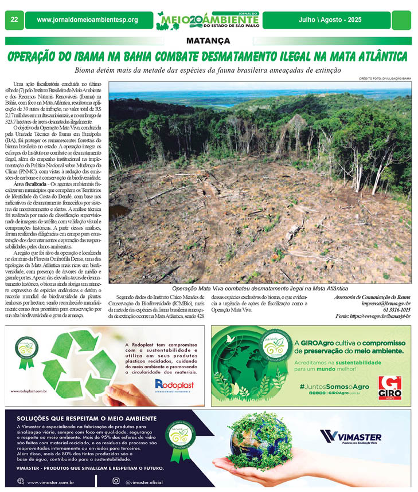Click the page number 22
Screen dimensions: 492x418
[x=13, y=20]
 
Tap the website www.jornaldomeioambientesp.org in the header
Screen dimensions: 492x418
[x=87, y=20]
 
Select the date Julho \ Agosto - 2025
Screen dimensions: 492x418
[x=330, y=20]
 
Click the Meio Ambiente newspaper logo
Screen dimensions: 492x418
[x=208, y=20]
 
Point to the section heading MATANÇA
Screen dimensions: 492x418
[x=208, y=41]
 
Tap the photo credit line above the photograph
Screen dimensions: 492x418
[x=385, y=78]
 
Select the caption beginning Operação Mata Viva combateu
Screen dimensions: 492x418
[x=260, y=288]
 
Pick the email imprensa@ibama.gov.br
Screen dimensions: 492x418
[x=386, y=303]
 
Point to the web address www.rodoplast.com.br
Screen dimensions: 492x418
[x=29, y=391]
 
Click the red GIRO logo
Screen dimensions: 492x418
[x=390, y=387]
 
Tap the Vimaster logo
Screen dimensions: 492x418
[x=351, y=437]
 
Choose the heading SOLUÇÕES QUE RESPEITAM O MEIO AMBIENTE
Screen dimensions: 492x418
[x=87, y=418]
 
